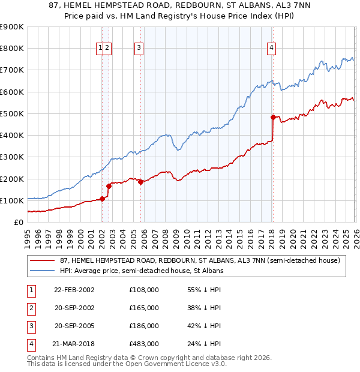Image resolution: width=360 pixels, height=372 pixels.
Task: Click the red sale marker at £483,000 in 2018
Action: (x=273, y=117)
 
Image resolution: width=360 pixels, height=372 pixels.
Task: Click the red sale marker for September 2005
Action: (x=140, y=182)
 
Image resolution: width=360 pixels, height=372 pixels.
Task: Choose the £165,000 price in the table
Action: (x=144, y=308)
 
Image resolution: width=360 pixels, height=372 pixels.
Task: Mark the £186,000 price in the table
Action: (x=144, y=326)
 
